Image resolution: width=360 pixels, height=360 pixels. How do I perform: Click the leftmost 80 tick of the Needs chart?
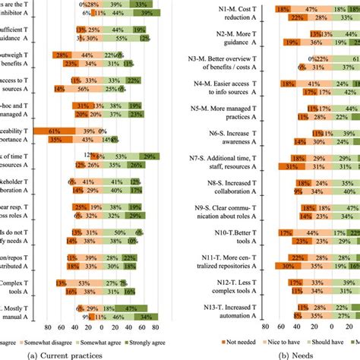(x=262, y=327)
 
